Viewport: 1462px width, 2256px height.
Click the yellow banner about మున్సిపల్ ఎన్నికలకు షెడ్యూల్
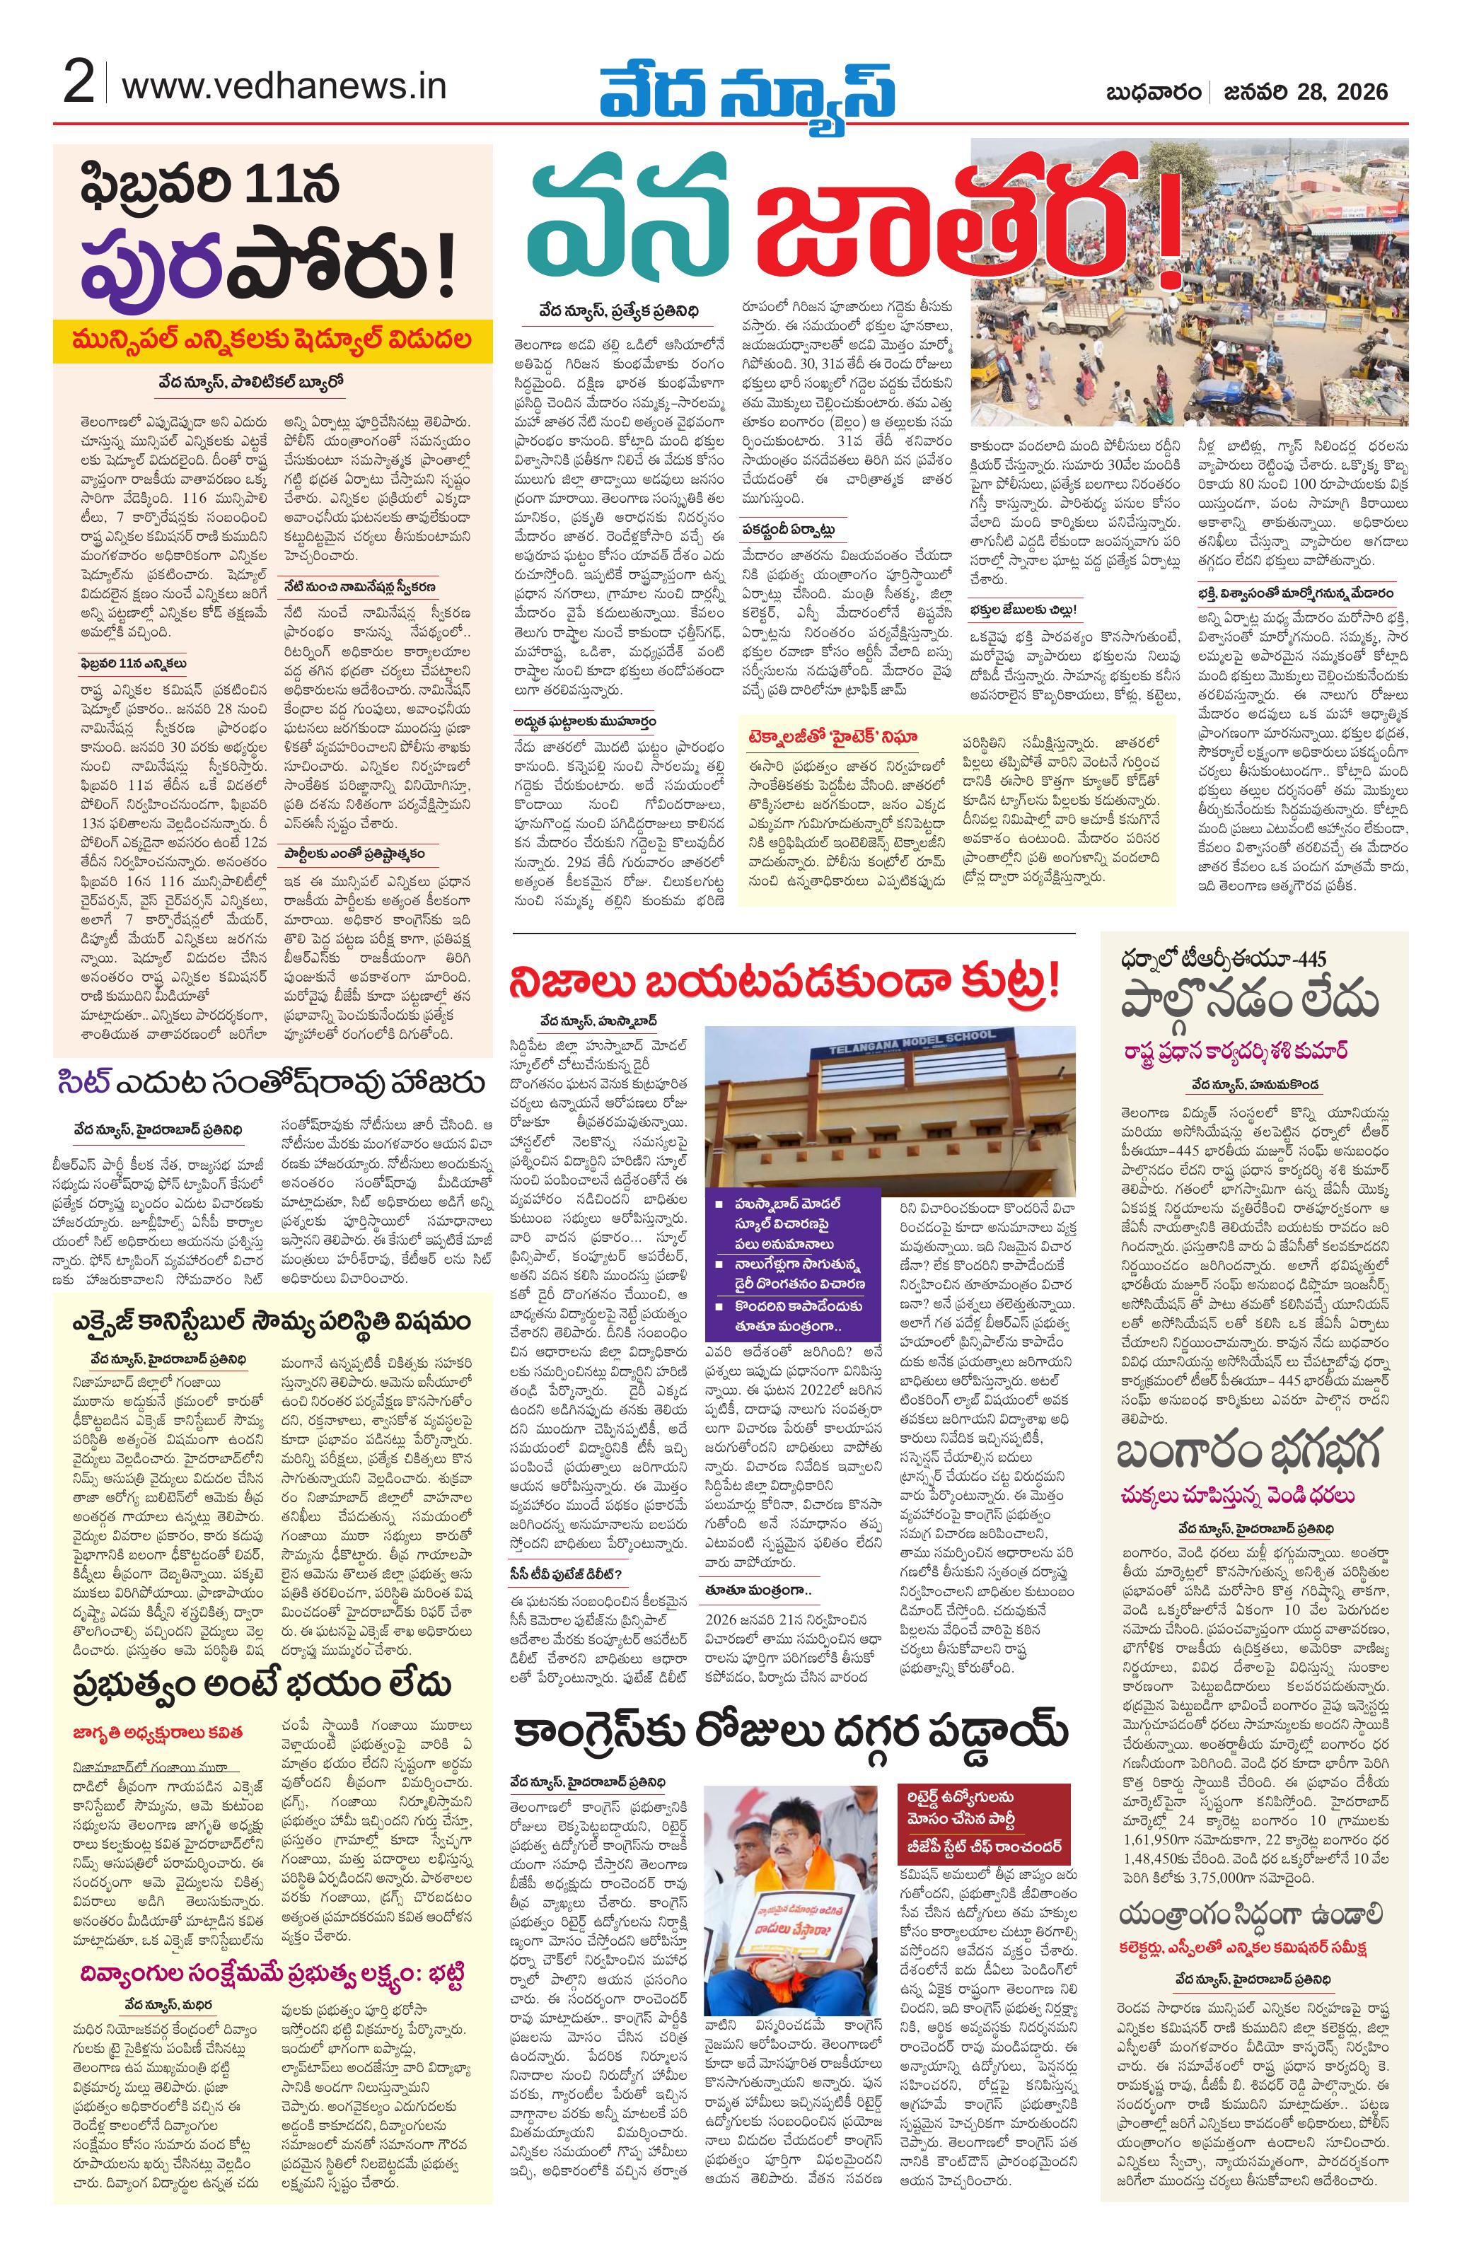pos(273,340)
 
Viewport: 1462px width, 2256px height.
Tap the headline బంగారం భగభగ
pos(1247,1451)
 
